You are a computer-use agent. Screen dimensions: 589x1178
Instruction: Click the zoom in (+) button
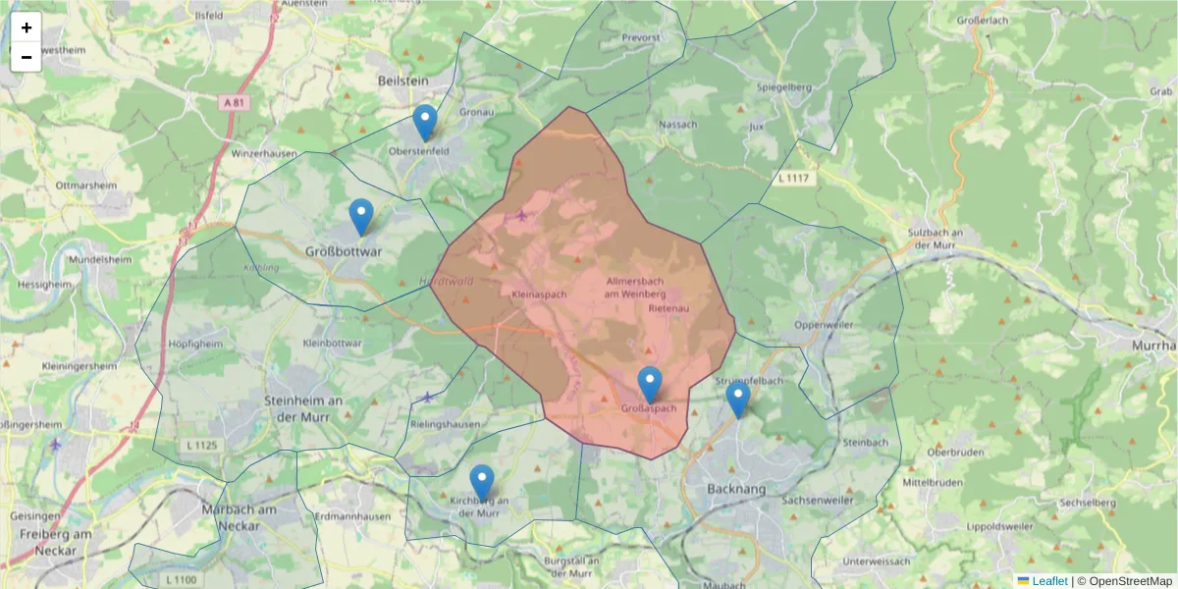coord(27,27)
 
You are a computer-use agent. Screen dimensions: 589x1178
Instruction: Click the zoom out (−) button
coord(27,57)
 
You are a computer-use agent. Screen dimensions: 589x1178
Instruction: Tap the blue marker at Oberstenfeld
coord(424,123)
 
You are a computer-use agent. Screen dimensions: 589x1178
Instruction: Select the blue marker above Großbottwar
coord(361,216)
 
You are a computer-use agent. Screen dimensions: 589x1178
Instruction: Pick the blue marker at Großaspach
coord(649,384)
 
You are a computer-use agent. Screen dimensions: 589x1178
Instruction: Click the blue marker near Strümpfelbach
coord(738,399)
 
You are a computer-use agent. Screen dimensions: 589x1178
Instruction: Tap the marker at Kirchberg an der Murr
coord(481,482)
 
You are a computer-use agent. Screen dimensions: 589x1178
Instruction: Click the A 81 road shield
coord(233,101)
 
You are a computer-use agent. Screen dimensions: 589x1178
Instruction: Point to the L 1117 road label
coord(793,178)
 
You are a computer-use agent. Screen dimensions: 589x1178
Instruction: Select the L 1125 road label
coord(202,446)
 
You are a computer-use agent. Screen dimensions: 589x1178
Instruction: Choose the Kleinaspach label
coord(541,294)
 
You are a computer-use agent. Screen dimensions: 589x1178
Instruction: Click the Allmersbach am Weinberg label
coord(636,287)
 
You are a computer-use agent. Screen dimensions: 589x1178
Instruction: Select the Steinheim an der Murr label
coord(303,407)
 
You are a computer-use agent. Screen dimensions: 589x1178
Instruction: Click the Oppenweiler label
coord(825,325)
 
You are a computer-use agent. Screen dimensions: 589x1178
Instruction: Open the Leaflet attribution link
coord(1048,581)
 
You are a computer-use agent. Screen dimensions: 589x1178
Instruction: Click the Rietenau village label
coord(670,308)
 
